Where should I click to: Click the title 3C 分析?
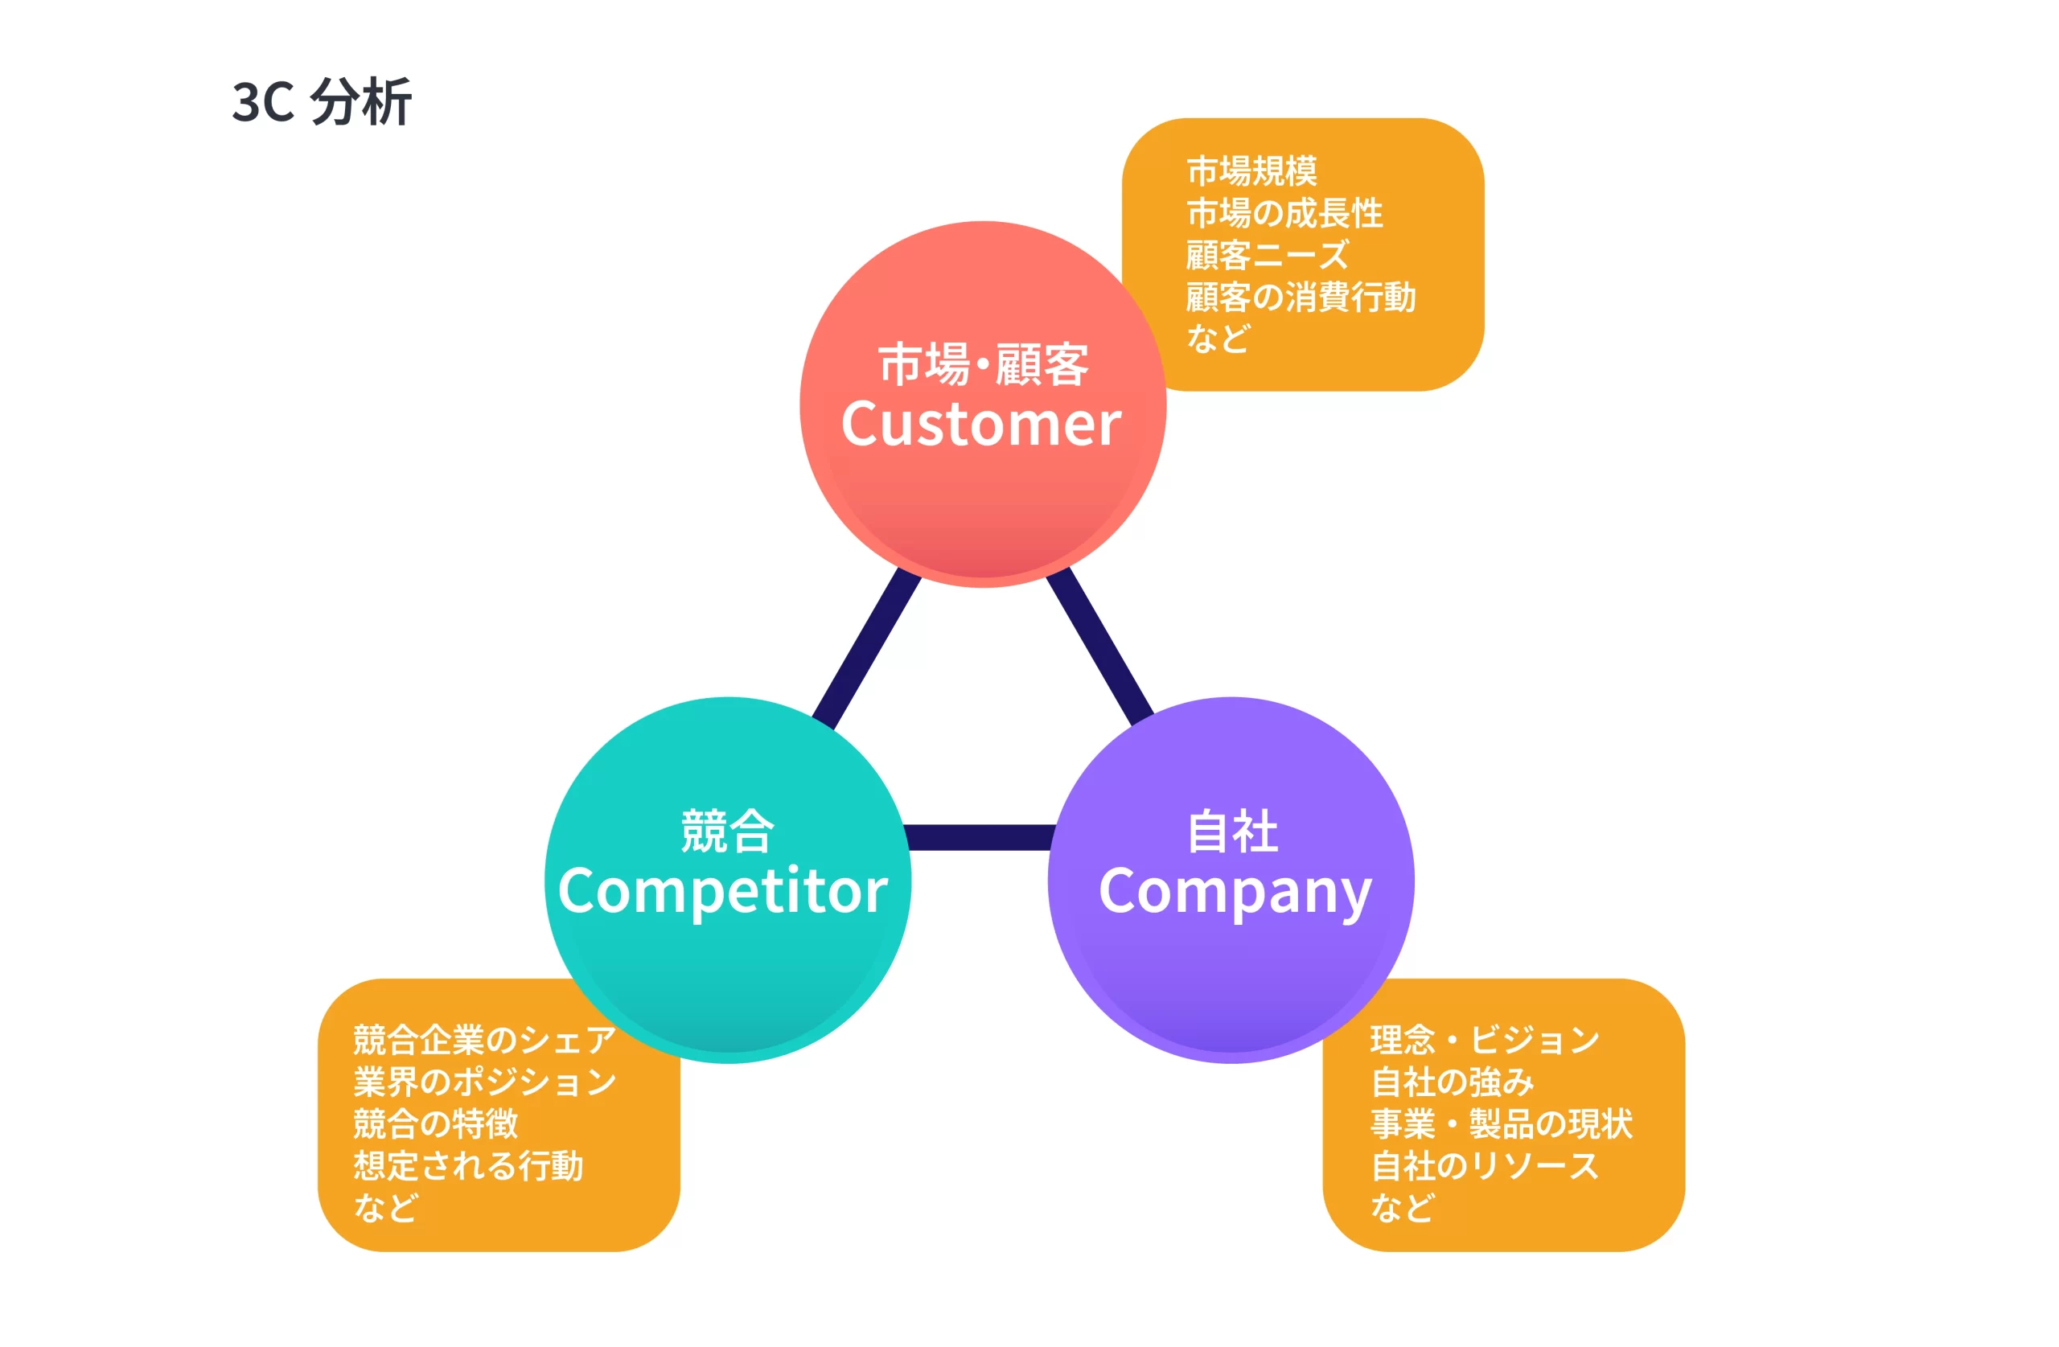pos(321,102)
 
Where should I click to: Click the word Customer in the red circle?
pos(981,424)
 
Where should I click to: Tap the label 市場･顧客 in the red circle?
pos(983,364)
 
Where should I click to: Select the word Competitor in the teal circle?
pos(722,891)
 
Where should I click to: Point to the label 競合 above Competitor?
pos(727,832)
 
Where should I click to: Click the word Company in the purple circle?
pos(1235,893)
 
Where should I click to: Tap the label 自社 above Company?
pos(1232,832)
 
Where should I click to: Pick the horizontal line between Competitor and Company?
pos(979,837)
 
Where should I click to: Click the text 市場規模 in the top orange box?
pos(1251,170)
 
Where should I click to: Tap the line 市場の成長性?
pos(1284,213)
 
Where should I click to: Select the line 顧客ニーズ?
pos(1267,254)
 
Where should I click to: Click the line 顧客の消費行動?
pos(1301,297)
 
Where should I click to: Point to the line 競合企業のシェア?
pos(483,1039)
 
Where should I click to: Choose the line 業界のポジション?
pos(483,1082)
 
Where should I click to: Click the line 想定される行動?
pos(468,1165)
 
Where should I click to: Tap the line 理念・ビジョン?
pos(1485,1039)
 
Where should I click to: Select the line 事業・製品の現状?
pos(1501,1123)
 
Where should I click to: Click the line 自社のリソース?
pos(1485,1165)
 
